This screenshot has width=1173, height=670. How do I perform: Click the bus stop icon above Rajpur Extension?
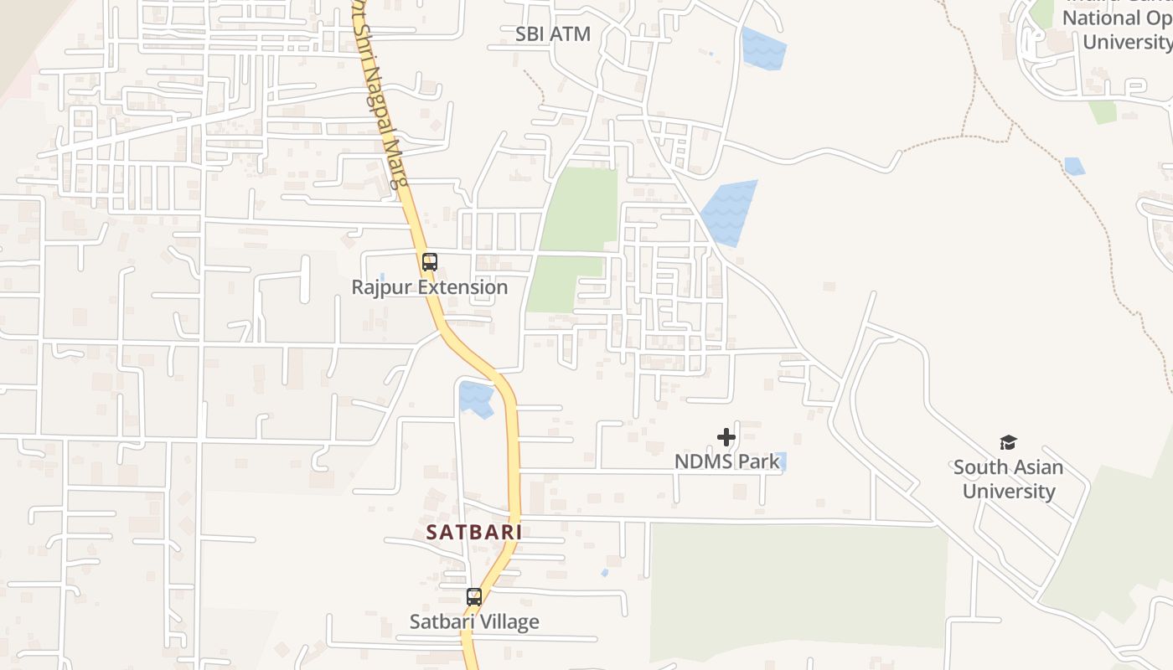[x=430, y=262]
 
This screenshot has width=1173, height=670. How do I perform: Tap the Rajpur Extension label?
[x=430, y=287]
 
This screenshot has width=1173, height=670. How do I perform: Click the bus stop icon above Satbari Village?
[x=474, y=597]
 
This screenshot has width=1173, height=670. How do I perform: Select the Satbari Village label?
[x=474, y=621]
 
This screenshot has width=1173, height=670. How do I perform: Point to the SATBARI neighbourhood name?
[x=474, y=532]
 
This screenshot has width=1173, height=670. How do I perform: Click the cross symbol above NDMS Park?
[x=726, y=437]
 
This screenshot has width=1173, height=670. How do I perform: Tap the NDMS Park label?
[x=726, y=461]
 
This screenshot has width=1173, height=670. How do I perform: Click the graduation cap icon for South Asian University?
[x=1008, y=442]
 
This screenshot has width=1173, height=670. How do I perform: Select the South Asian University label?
[x=1008, y=479]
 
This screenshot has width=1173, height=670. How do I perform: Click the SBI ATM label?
[x=553, y=34]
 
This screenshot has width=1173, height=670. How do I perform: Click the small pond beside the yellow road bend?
[x=476, y=398]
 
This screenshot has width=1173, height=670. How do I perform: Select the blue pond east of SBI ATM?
[x=763, y=49]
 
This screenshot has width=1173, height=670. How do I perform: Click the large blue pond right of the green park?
[x=729, y=214]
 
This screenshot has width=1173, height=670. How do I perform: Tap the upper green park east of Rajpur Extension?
[x=581, y=209]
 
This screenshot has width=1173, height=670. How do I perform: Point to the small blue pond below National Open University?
[x=1074, y=166]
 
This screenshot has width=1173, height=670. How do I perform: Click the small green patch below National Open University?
[x=1103, y=112]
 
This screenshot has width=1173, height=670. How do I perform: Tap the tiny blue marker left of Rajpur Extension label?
[x=382, y=276]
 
